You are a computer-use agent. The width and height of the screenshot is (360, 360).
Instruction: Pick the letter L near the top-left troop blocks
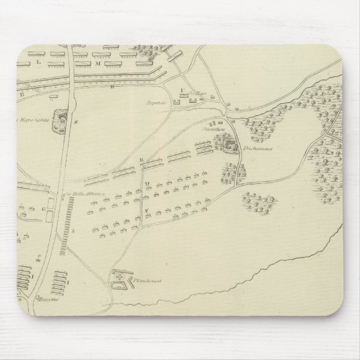click(x=39, y=63)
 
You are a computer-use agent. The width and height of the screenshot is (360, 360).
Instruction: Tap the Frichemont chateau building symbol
click(x=230, y=147)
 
